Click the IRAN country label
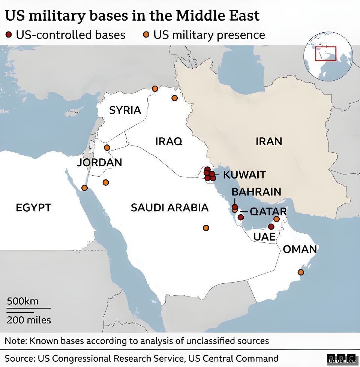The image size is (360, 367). [268, 141]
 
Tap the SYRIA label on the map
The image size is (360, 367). [125, 110]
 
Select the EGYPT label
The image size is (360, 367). [33, 208]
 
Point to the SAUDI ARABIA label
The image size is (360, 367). [169, 208]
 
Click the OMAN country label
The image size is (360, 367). [300, 249]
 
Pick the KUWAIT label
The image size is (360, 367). [244, 175]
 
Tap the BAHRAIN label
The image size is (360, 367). [256, 192]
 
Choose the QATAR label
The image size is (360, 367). [268, 212]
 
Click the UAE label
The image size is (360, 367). [264, 237]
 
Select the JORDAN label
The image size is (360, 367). [99, 163]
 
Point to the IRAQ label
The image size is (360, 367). [169, 141]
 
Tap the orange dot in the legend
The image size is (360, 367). [147, 35]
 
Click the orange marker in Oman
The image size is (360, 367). [300, 272]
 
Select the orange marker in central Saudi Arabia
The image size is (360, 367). [206, 228]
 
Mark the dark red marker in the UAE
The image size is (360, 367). [271, 227]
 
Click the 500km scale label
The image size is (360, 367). [22, 302]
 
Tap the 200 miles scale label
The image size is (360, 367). [29, 320]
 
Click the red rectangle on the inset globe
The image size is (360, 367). [325, 54]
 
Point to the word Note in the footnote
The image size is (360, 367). [15, 341]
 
